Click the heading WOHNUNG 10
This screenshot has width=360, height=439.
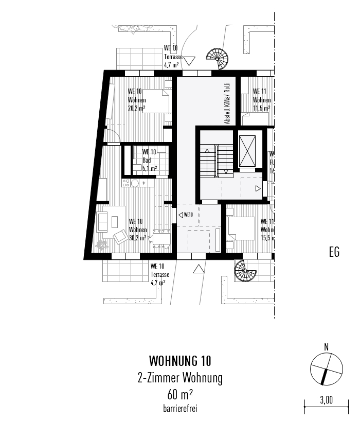pos(179,360)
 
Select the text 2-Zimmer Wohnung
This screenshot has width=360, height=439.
pos(179,379)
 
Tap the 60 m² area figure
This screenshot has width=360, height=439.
pos(179,395)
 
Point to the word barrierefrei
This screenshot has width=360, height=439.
pos(179,409)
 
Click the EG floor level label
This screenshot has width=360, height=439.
pos(334,253)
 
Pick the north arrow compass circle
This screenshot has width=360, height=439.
pos(326,370)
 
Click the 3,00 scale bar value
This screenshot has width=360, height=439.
pos(326,399)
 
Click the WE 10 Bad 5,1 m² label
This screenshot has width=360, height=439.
pos(150,160)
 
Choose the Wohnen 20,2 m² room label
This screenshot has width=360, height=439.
pos(137,100)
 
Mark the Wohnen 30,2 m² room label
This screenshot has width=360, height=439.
pos(138,230)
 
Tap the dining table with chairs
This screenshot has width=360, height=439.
pos(162,237)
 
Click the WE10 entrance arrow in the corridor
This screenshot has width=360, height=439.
pos(186,215)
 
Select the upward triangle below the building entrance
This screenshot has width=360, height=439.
pos(198,268)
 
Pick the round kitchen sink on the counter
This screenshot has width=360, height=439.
pos(135,183)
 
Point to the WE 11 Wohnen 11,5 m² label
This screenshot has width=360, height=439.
pos(261,100)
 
